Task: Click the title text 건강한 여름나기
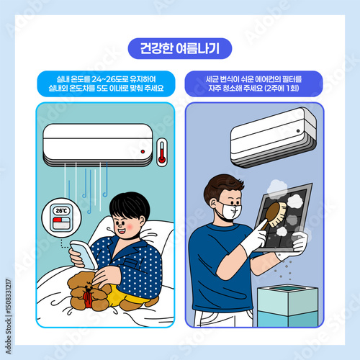[180, 48]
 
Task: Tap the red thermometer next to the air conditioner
[162, 152]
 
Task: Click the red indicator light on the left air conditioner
[143, 152]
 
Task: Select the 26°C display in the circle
[62, 211]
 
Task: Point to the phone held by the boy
[84, 255]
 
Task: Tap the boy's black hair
[130, 205]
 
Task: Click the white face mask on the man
[231, 210]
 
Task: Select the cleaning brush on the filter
[275, 215]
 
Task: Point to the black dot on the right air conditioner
[298, 131]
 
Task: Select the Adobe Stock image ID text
[9, 316]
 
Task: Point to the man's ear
[212, 204]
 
